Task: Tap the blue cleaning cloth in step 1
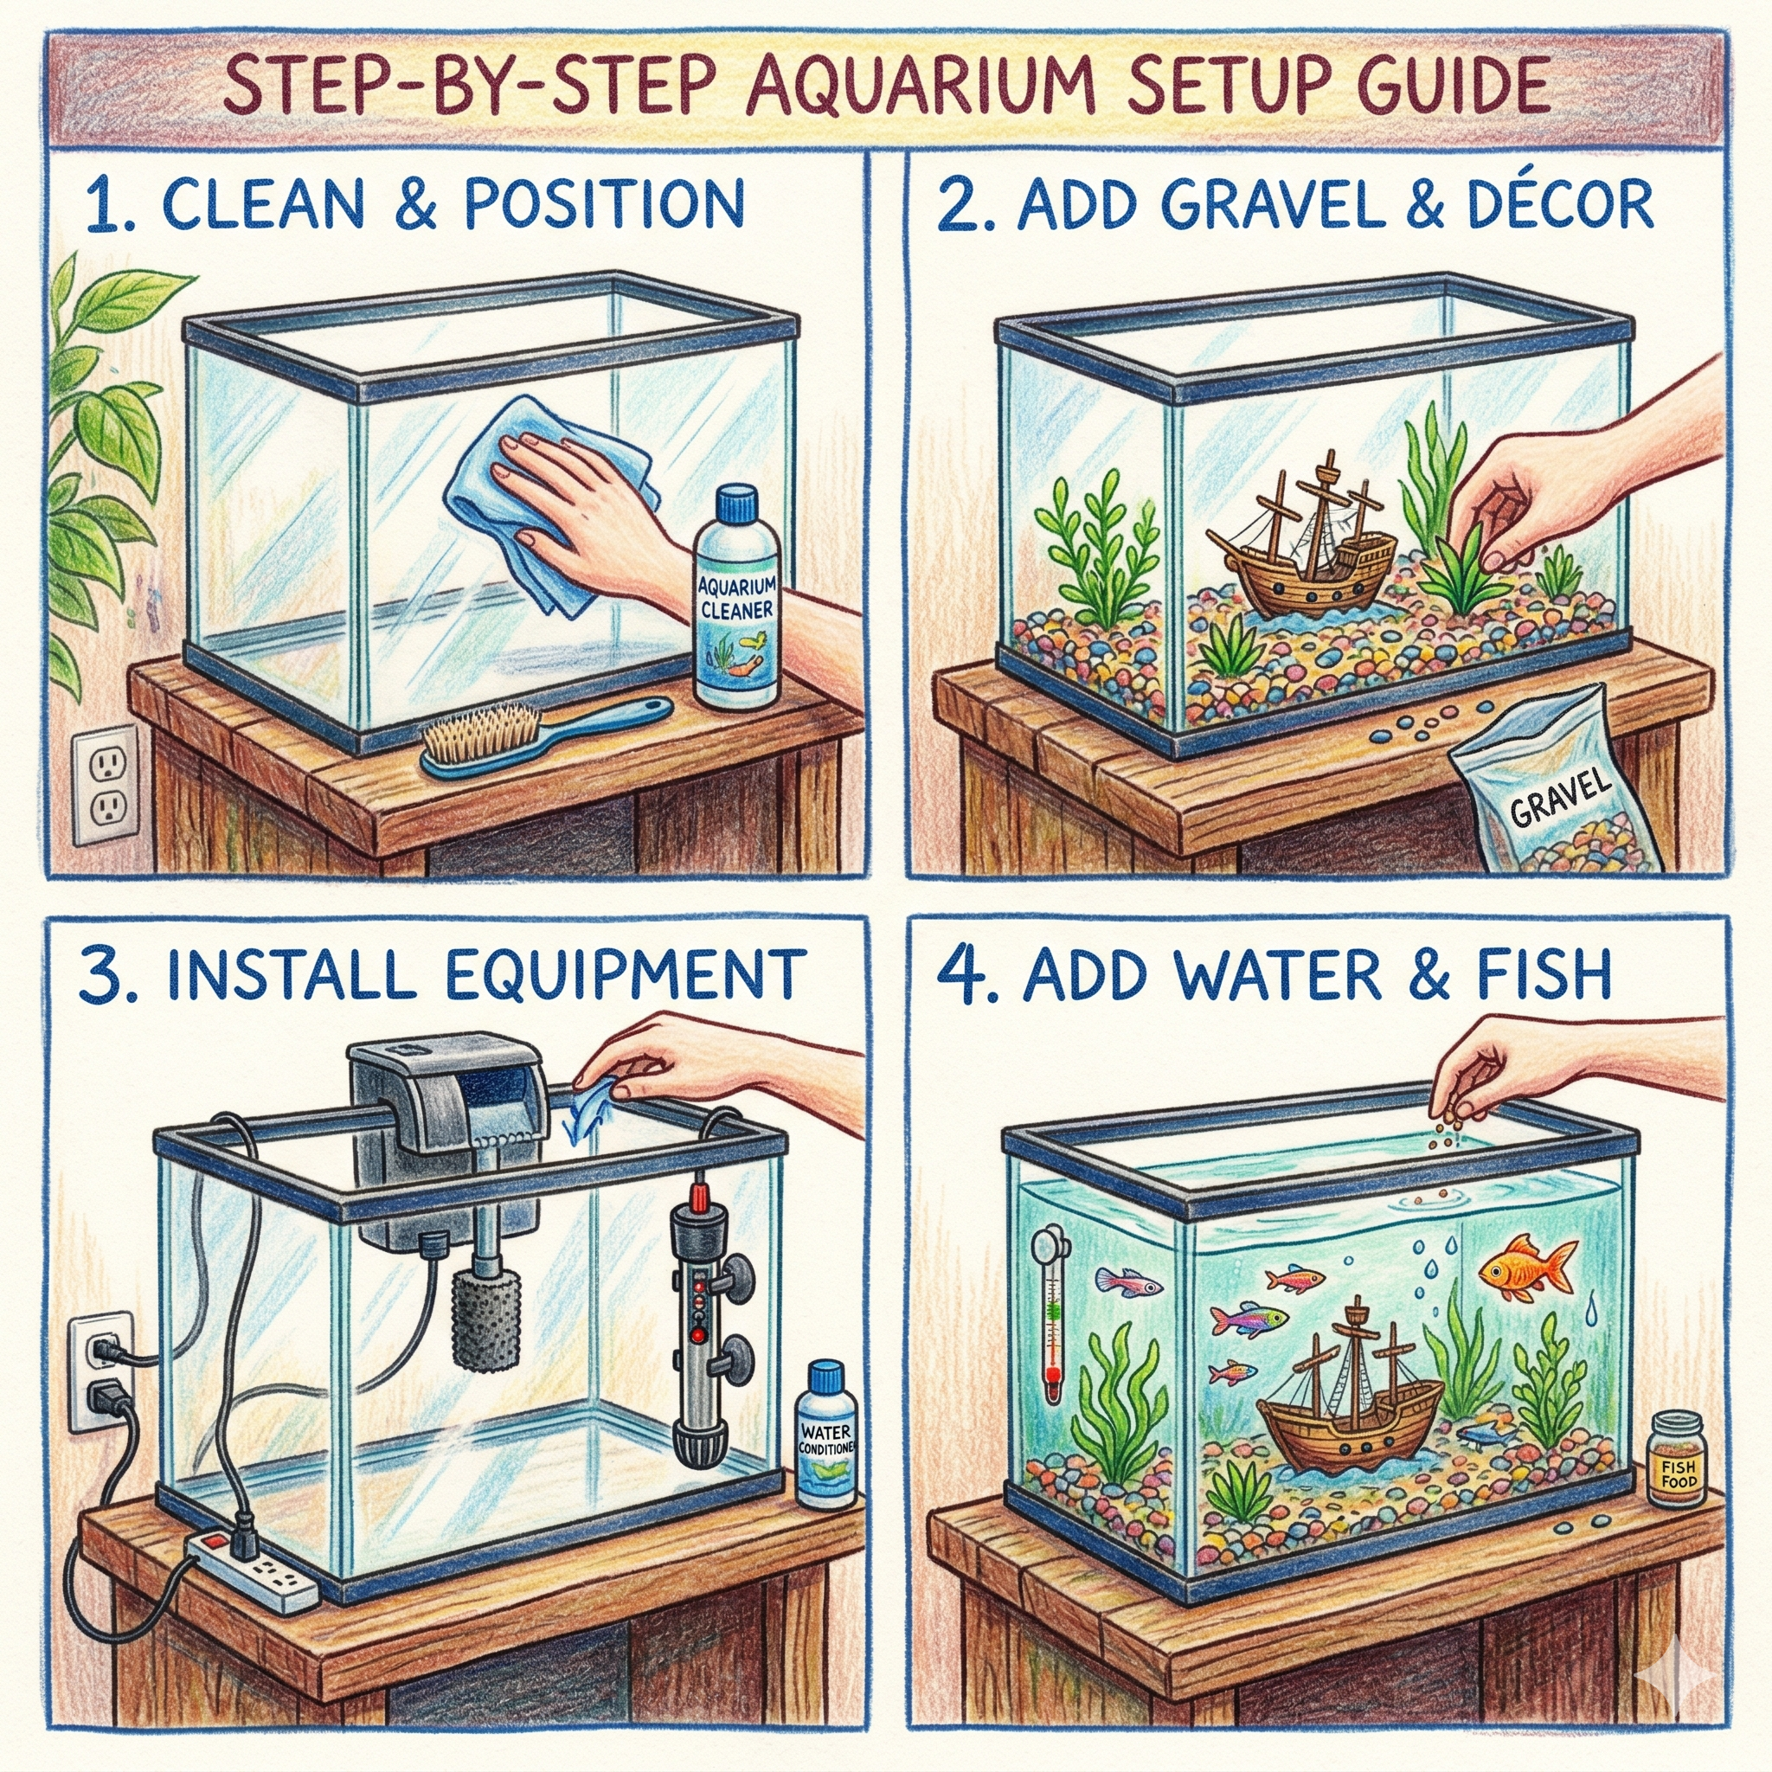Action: [514, 495]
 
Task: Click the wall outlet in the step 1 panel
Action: [106, 784]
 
